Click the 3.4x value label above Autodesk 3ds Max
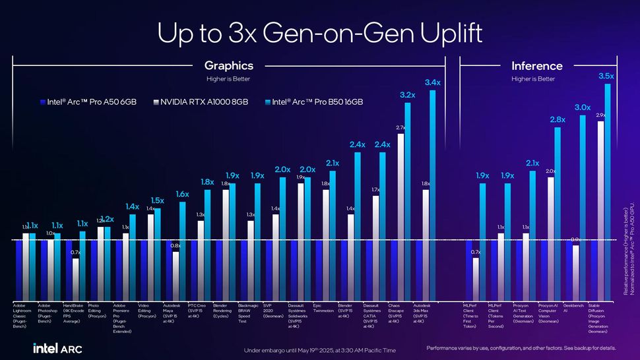coord(432,82)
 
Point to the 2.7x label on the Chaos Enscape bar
coord(400,127)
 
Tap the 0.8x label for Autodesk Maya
coord(176,245)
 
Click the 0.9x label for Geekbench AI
coord(575,239)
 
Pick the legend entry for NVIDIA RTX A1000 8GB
coord(201,102)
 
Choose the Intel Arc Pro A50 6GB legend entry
coord(87,102)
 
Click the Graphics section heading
coord(228,66)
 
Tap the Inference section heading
coord(536,66)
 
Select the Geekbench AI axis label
coord(575,308)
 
